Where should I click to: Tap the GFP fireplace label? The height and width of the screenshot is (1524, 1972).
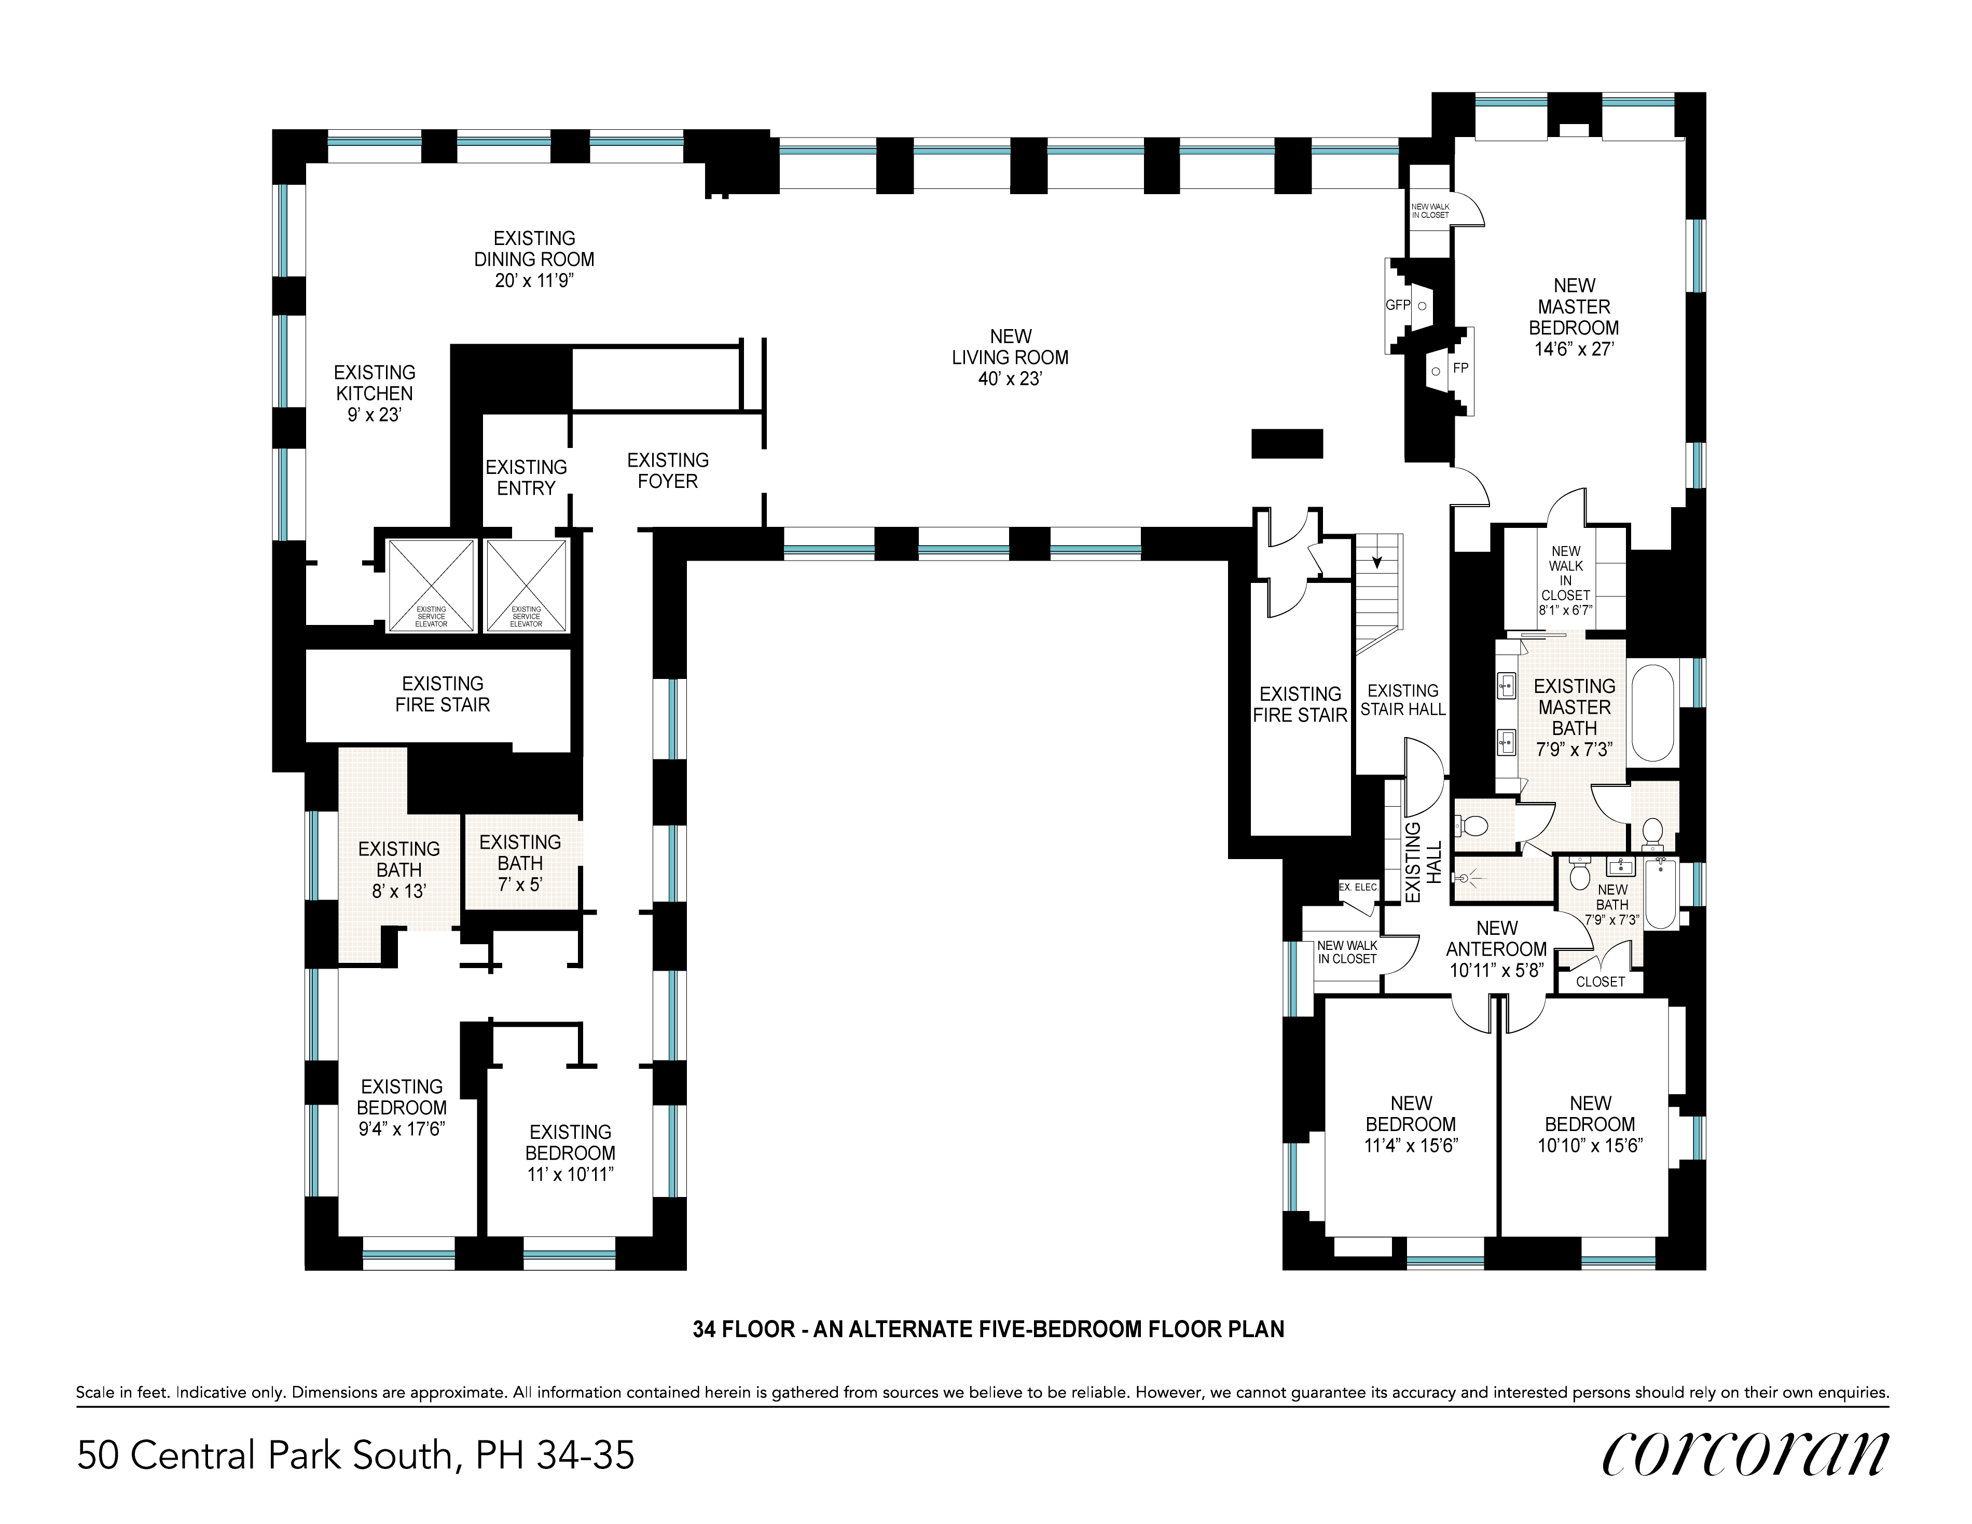coord(1398,305)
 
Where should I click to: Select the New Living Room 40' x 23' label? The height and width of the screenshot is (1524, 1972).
coord(1010,358)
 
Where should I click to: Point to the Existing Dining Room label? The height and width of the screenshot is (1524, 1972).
coord(534,259)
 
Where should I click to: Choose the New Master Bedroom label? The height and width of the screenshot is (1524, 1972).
coord(1574,317)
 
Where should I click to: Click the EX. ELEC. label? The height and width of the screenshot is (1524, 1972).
coord(1359,887)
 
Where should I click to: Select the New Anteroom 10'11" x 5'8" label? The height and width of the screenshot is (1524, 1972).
coord(1497,948)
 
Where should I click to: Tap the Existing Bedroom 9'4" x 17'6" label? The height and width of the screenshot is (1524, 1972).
coord(402,1108)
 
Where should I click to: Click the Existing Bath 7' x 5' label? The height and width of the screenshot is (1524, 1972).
coord(520,863)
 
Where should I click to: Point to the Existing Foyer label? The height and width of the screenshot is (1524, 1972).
coord(668,471)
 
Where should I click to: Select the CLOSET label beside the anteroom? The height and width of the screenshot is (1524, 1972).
coord(1600,982)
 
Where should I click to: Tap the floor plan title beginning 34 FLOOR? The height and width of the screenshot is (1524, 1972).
coord(989,1330)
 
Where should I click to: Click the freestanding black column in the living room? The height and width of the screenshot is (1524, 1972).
coord(1287,444)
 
